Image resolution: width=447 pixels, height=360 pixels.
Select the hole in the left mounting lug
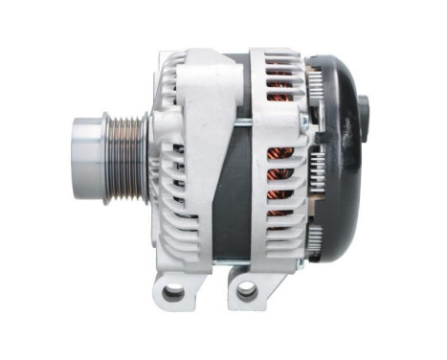173,291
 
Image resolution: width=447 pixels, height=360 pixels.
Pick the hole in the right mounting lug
246,289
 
